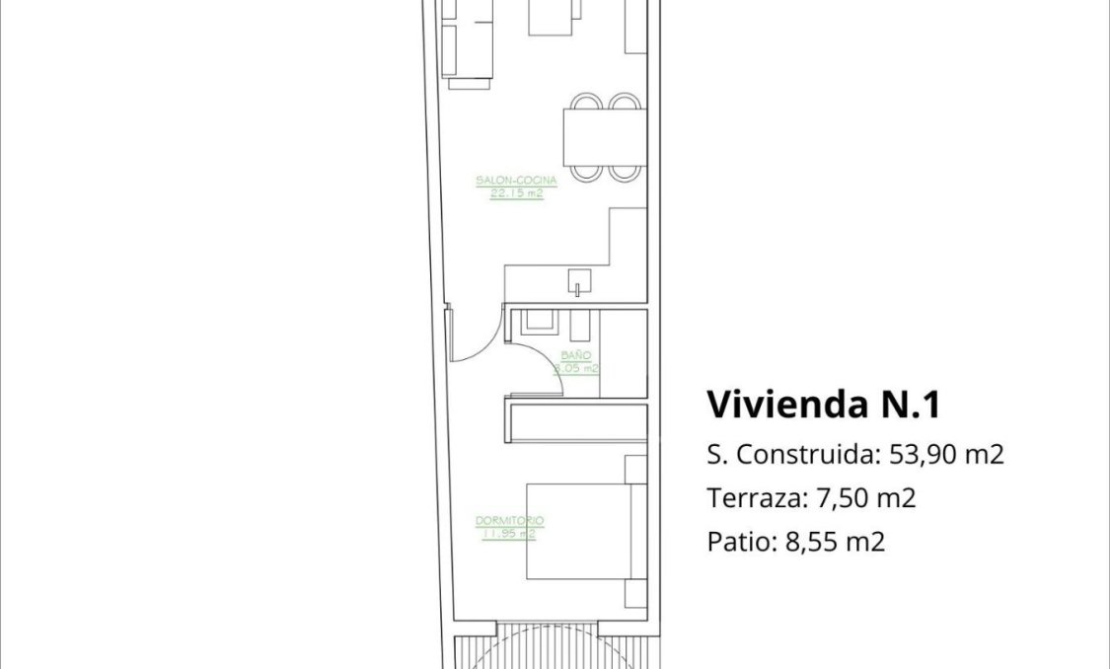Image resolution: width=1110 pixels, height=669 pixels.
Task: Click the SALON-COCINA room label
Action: pos(516,181)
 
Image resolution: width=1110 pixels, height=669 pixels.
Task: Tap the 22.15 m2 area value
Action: pos(516,193)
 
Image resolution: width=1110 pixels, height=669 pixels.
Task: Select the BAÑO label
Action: pos(575,355)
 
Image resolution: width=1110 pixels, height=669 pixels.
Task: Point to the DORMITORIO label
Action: pos(510,521)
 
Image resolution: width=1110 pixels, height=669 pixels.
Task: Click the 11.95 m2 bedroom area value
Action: pos(510,534)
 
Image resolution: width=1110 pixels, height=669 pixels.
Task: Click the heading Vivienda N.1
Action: pos(824,405)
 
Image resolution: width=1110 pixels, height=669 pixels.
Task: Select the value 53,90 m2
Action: pos(947,455)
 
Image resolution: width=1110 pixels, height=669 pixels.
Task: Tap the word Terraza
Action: pos(750,498)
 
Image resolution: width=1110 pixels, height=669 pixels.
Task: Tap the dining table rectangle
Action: pos(604,136)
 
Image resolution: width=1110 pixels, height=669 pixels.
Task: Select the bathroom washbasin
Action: pos(539,322)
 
